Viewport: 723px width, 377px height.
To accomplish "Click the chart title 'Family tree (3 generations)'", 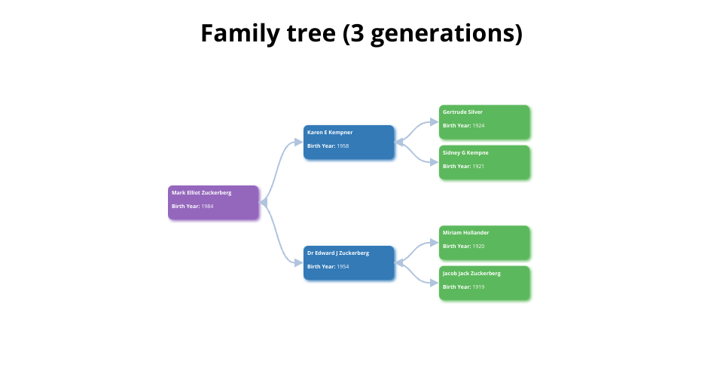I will (x=361, y=33).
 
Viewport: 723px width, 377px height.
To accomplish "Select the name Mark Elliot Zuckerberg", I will (x=201, y=192).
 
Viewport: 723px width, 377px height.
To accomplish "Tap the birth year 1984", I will (x=207, y=206).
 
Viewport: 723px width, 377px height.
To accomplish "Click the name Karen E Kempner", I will (x=330, y=132).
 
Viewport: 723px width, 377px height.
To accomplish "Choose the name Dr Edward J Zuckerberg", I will (x=338, y=253).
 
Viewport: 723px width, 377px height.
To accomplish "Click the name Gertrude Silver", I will (x=462, y=112).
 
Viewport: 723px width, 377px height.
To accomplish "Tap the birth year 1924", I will (x=478, y=125).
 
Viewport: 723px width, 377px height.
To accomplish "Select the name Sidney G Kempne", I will (x=465, y=152).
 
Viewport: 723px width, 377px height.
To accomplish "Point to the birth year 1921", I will (x=478, y=166).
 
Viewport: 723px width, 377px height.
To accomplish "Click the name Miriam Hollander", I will (x=465, y=232).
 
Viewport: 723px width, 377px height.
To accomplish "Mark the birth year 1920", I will (x=478, y=246).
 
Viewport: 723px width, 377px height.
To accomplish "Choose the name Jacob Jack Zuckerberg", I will (x=471, y=273).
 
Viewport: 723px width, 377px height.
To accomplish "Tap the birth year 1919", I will (x=478, y=287).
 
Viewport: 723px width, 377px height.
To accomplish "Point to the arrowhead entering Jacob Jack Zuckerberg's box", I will (x=435, y=283).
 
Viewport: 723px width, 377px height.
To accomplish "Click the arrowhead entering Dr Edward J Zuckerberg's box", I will (x=299, y=262).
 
